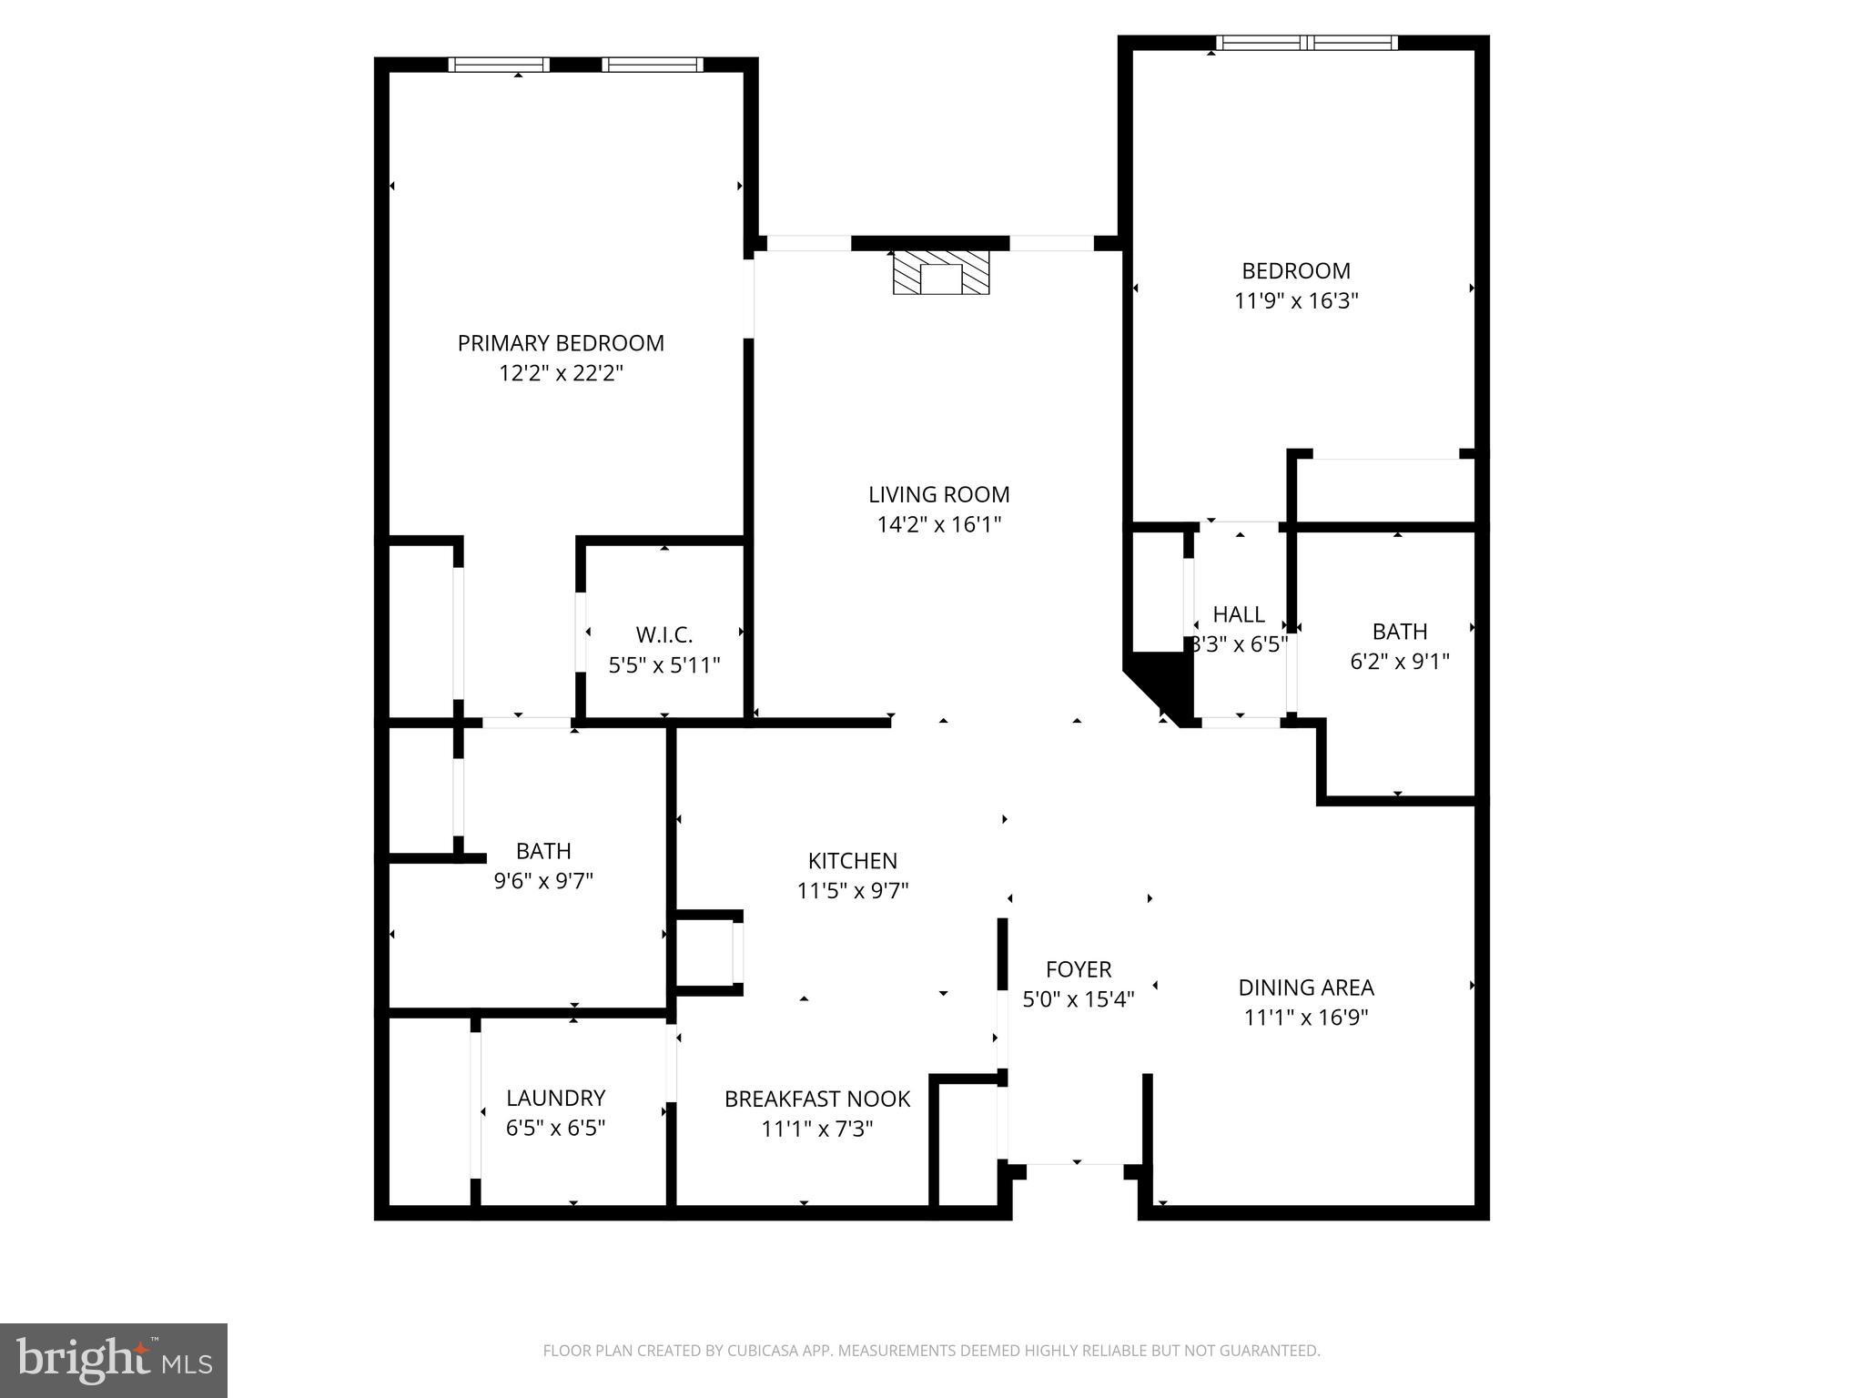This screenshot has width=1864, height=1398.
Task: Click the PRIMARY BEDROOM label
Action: pyautogui.click(x=560, y=343)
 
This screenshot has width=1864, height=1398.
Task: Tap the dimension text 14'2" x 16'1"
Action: pyautogui.click(x=938, y=524)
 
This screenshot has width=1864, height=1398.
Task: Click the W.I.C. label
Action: pyautogui.click(x=664, y=634)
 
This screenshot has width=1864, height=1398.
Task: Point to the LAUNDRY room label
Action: pyautogui.click(x=555, y=1098)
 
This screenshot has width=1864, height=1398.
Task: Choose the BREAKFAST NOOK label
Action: pyautogui.click(x=816, y=1099)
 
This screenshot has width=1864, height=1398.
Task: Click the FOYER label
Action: pyautogui.click(x=1078, y=969)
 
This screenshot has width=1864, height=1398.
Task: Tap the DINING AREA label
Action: pyautogui.click(x=1305, y=988)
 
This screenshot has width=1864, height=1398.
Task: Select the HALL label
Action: pyautogui.click(x=1238, y=614)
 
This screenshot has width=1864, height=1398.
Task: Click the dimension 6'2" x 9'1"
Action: pyautogui.click(x=1399, y=661)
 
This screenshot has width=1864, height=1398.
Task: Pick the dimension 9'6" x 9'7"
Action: pyautogui.click(x=543, y=881)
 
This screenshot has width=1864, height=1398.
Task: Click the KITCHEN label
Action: pyautogui.click(x=852, y=861)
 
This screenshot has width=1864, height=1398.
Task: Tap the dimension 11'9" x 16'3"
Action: pyautogui.click(x=1295, y=300)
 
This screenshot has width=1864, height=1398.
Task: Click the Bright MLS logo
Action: pyautogui.click(x=114, y=1361)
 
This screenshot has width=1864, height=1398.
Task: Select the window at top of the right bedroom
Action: pyautogui.click(x=1306, y=43)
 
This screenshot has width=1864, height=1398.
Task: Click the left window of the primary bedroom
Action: pyautogui.click(x=499, y=65)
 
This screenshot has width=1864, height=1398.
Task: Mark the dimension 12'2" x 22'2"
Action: pyautogui.click(x=560, y=373)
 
